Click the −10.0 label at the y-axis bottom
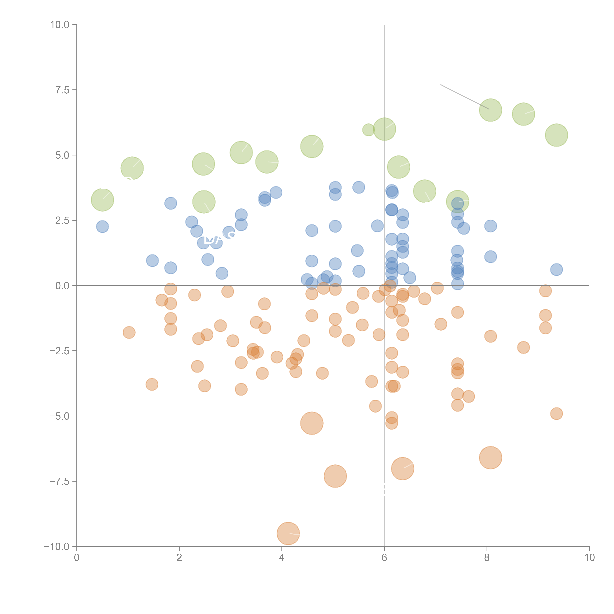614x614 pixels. pos(57,547)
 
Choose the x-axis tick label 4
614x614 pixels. pos(282,558)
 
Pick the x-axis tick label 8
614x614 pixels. pos(487,558)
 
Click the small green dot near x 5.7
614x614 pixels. pos(368,130)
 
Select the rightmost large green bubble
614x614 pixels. pos(557,135)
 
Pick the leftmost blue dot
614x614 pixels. pos(102,227)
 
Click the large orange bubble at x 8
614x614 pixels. pos(490,458)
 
